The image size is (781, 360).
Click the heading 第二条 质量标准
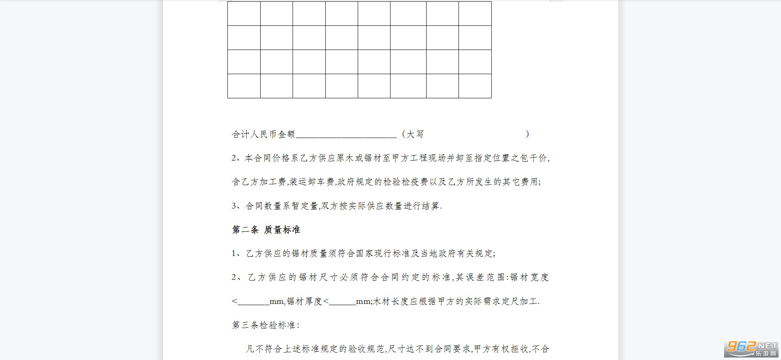coord(266,230)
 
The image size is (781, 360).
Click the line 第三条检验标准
coord(266,325)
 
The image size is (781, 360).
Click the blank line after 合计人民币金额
coord(346,135)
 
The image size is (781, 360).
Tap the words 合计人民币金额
coord(263,134)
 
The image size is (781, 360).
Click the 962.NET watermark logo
coord(751,349)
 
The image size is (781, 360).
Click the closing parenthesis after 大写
coord(527,134)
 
